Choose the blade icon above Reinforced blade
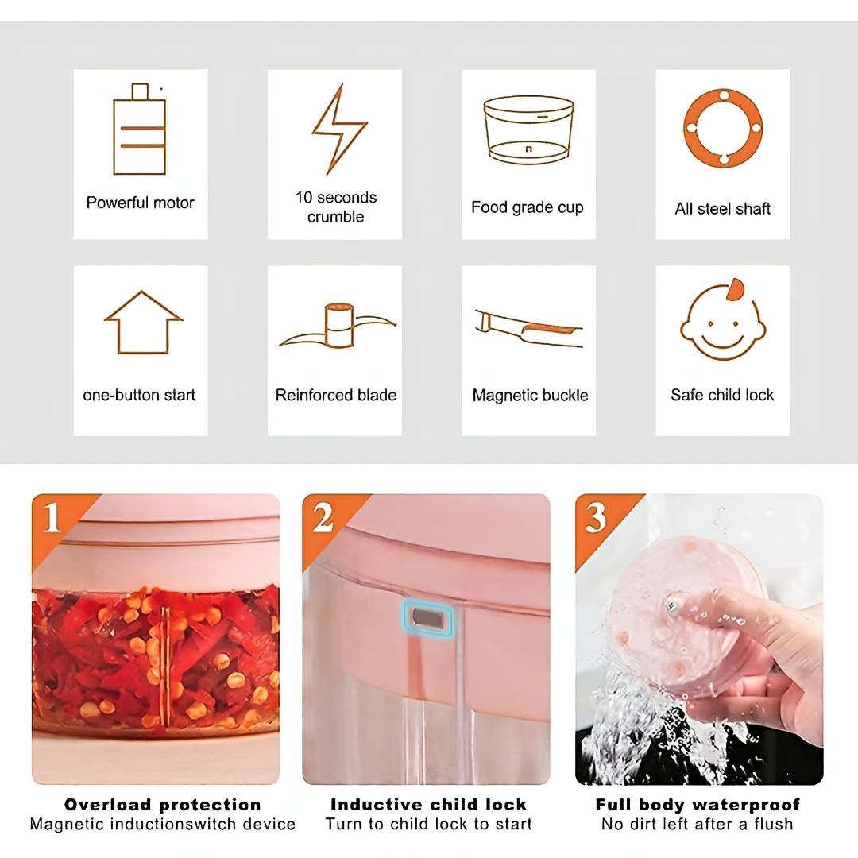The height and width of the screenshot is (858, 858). tap(338, 326)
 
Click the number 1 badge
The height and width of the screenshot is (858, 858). tap(52, 517)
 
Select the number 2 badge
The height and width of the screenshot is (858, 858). tap(323, 517)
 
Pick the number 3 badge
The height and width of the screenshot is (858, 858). tap(596, 517)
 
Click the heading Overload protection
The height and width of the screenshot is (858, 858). tap(163, 804)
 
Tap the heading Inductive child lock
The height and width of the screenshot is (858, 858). tap(428, 804)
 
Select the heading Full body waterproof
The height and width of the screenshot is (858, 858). tap(698, 805)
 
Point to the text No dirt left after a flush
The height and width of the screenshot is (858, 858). tap(698, 824)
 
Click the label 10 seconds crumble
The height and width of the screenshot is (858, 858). tap(336, 207)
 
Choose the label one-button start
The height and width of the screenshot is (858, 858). tap(139, 395)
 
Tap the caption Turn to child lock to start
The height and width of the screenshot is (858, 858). tap(428, 824)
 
